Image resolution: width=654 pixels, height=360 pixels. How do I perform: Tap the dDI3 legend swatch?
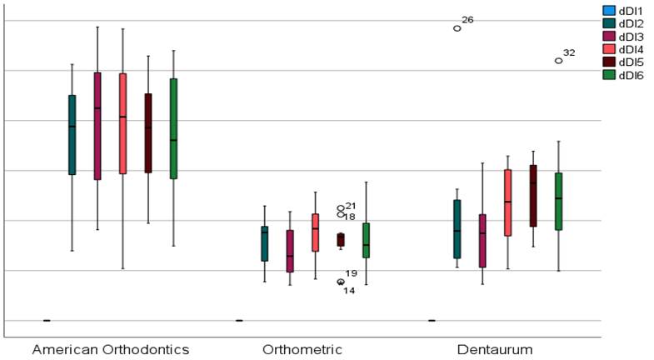tap(609, 37)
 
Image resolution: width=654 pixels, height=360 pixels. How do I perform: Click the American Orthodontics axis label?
tap(110, 348)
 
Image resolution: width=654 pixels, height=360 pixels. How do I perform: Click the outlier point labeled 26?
tap(457, 27)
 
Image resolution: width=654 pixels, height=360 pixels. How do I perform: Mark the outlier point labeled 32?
tap(558, 60)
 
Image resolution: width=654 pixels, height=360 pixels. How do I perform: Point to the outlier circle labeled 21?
tap(340, 207)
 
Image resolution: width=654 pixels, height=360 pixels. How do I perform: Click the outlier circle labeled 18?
tap(340, 215)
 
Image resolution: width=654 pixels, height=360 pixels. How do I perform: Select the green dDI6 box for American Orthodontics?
tap(173, 128)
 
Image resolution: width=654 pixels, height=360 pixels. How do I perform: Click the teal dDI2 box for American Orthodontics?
tap(72, 134)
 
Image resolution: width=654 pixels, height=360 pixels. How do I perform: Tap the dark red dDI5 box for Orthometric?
tap(340, 239)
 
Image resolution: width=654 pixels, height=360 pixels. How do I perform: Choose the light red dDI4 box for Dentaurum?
tap(507, 202)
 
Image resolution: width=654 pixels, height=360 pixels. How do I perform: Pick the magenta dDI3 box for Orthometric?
tap(290, 251)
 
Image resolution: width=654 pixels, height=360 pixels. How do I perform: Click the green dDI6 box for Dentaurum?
tap(558, 201)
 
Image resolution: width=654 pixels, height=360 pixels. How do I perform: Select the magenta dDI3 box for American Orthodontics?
tap(97, 126)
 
